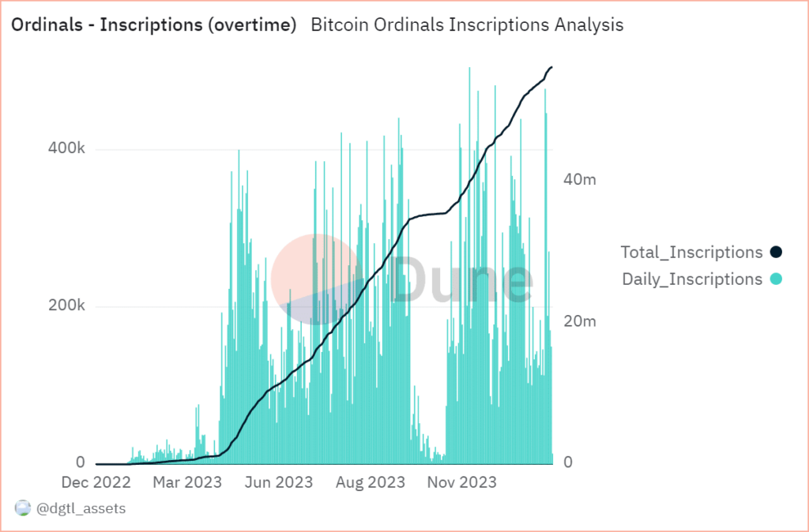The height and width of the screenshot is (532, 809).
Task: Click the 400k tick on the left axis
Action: point(70,148)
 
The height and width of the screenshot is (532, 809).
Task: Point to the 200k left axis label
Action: point(70,306)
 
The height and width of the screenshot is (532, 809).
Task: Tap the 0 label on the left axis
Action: point(81,462)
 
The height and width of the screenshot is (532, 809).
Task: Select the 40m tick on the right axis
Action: point(580,179)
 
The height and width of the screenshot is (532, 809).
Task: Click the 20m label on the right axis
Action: point(580,321)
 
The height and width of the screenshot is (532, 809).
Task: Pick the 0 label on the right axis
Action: point(567,463)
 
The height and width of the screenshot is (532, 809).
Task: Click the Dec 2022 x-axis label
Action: point(95,482)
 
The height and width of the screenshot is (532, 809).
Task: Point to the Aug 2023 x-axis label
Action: point(371,482)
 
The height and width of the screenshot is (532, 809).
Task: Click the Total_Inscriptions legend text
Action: point(692,253)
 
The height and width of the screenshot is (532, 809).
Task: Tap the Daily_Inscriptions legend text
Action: point(692,279)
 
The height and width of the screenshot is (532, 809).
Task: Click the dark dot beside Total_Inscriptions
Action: point(776,253)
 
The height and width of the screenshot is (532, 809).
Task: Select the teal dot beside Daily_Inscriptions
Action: point(776,279)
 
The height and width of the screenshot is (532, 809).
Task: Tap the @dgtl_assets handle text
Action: point(81,509)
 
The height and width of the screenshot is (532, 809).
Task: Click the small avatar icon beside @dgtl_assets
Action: point(22,509)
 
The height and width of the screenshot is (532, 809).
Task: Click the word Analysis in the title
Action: point(582,25)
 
